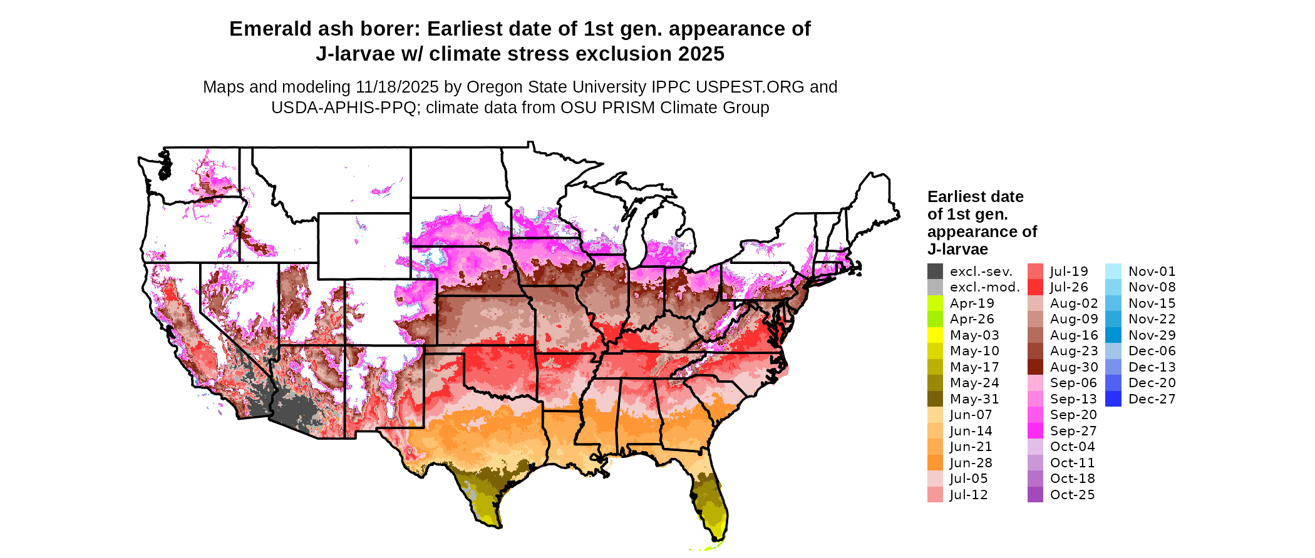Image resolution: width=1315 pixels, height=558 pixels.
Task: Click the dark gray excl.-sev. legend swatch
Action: (x=935, y=271)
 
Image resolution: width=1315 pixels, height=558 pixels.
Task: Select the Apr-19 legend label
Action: (x=972, y=303)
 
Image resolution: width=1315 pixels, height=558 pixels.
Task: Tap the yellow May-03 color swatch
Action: (x=935, y=335)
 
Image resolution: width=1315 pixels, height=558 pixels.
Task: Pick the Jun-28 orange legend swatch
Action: (x=935, y=463)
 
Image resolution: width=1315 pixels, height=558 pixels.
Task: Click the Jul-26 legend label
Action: (x=1069, y=287)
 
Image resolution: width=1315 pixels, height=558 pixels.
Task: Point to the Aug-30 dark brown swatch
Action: (x=1035, y=367)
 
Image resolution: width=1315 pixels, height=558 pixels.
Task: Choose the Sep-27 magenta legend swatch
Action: (x=1035, y=431)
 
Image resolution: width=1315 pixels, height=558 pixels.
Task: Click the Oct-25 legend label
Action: (x=1072, y=495)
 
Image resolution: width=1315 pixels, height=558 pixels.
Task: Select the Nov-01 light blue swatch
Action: (x=1113, y=271)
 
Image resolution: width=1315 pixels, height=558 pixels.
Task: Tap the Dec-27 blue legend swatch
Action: (x=1113, y=399)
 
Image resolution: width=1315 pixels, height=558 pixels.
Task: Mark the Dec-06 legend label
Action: (x=1152, y=351)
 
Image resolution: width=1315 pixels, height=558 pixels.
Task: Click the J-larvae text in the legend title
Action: (x=957, y=250)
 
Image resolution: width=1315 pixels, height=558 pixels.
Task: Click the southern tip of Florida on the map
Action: (x=718, y=538)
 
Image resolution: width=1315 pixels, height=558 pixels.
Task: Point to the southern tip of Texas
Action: (x=498, y=525)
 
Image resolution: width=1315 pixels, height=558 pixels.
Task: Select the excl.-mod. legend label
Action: (x=984, y=287)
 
